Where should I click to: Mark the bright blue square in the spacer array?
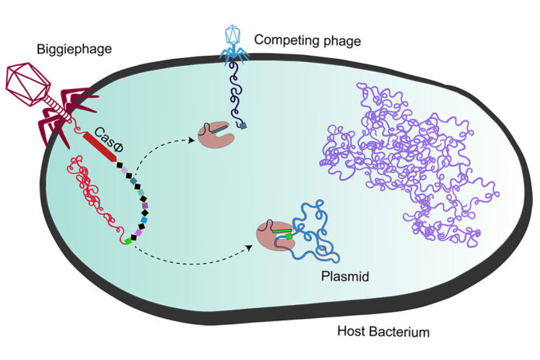[x=144, y=220]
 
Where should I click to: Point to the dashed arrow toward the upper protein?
[x=159, y=155]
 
